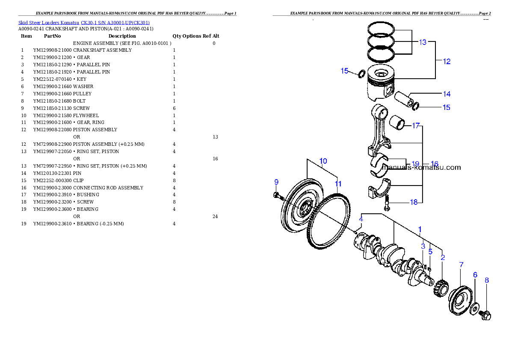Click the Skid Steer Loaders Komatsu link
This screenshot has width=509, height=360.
click(x=49, y=23)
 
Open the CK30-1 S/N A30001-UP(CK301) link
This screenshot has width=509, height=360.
click(x=115, y=23)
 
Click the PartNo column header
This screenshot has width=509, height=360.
click(x=52, y=36)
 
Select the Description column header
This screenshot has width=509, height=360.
click(x=122, y=36)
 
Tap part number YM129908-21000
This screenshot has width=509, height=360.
click(x=52, y=50)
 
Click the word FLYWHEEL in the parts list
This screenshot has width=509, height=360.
click(x=86, y=115)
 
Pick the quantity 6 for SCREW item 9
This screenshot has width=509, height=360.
click(x=175, y=109)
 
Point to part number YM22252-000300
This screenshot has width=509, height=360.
click(x=52, y=180)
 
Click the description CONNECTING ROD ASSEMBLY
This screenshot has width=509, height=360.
click(x=108, y=188)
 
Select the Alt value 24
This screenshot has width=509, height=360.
click(x=215, y=216)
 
